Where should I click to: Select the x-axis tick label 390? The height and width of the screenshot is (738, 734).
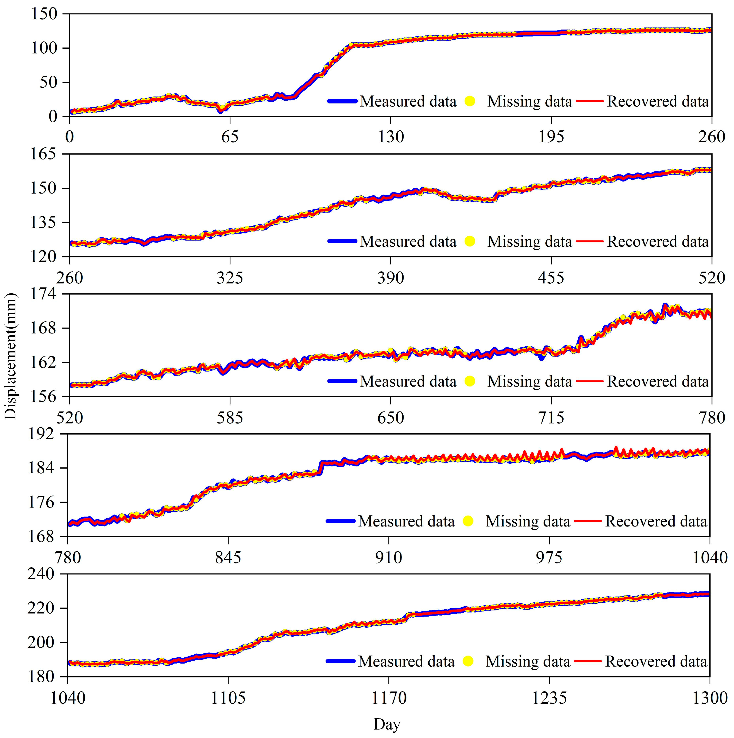click(390, 277)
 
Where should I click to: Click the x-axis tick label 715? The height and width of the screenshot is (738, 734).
click(551, 417)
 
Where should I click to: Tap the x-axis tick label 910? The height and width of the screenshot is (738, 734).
click(389, 558)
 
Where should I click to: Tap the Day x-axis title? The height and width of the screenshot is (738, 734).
click(387, 724)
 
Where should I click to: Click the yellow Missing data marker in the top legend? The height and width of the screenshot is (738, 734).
click(470, 101)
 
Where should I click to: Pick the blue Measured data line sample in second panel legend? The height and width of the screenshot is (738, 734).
click(342, 241)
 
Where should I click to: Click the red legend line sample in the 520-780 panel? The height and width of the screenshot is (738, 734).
click(589, 381)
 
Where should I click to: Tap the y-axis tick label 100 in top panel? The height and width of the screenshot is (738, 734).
click(44, 48)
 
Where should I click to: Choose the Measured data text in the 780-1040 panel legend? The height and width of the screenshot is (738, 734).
click(406, 521)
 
